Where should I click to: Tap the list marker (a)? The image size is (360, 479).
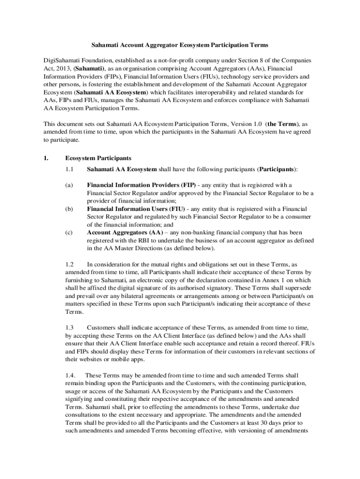(69, 185)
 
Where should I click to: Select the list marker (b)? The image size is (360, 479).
(69, 208)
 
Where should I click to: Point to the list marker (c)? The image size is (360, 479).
(69, 232)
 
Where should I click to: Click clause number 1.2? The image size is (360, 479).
(70, 264)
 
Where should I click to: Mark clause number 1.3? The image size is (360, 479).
(70, 328)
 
